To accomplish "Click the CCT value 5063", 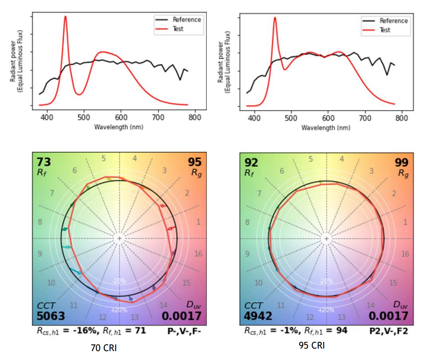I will (x=50, y=316).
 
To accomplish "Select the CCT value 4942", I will (x=258, y=316).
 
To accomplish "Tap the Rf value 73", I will (x=44, y=162).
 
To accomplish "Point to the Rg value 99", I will (x=401, y=162).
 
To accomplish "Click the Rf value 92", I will (x=251, y=162).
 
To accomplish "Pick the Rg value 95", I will (x=195, y=162).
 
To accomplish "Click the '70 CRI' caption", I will (x=104, y=348).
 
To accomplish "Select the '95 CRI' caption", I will (x=312, y=345).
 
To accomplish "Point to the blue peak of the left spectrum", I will (x=65, y=17).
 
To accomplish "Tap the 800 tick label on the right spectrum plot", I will (x=401, y=118).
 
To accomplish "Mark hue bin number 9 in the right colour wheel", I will (x=247, y=254).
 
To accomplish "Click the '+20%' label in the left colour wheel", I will (x=119, y=310).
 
